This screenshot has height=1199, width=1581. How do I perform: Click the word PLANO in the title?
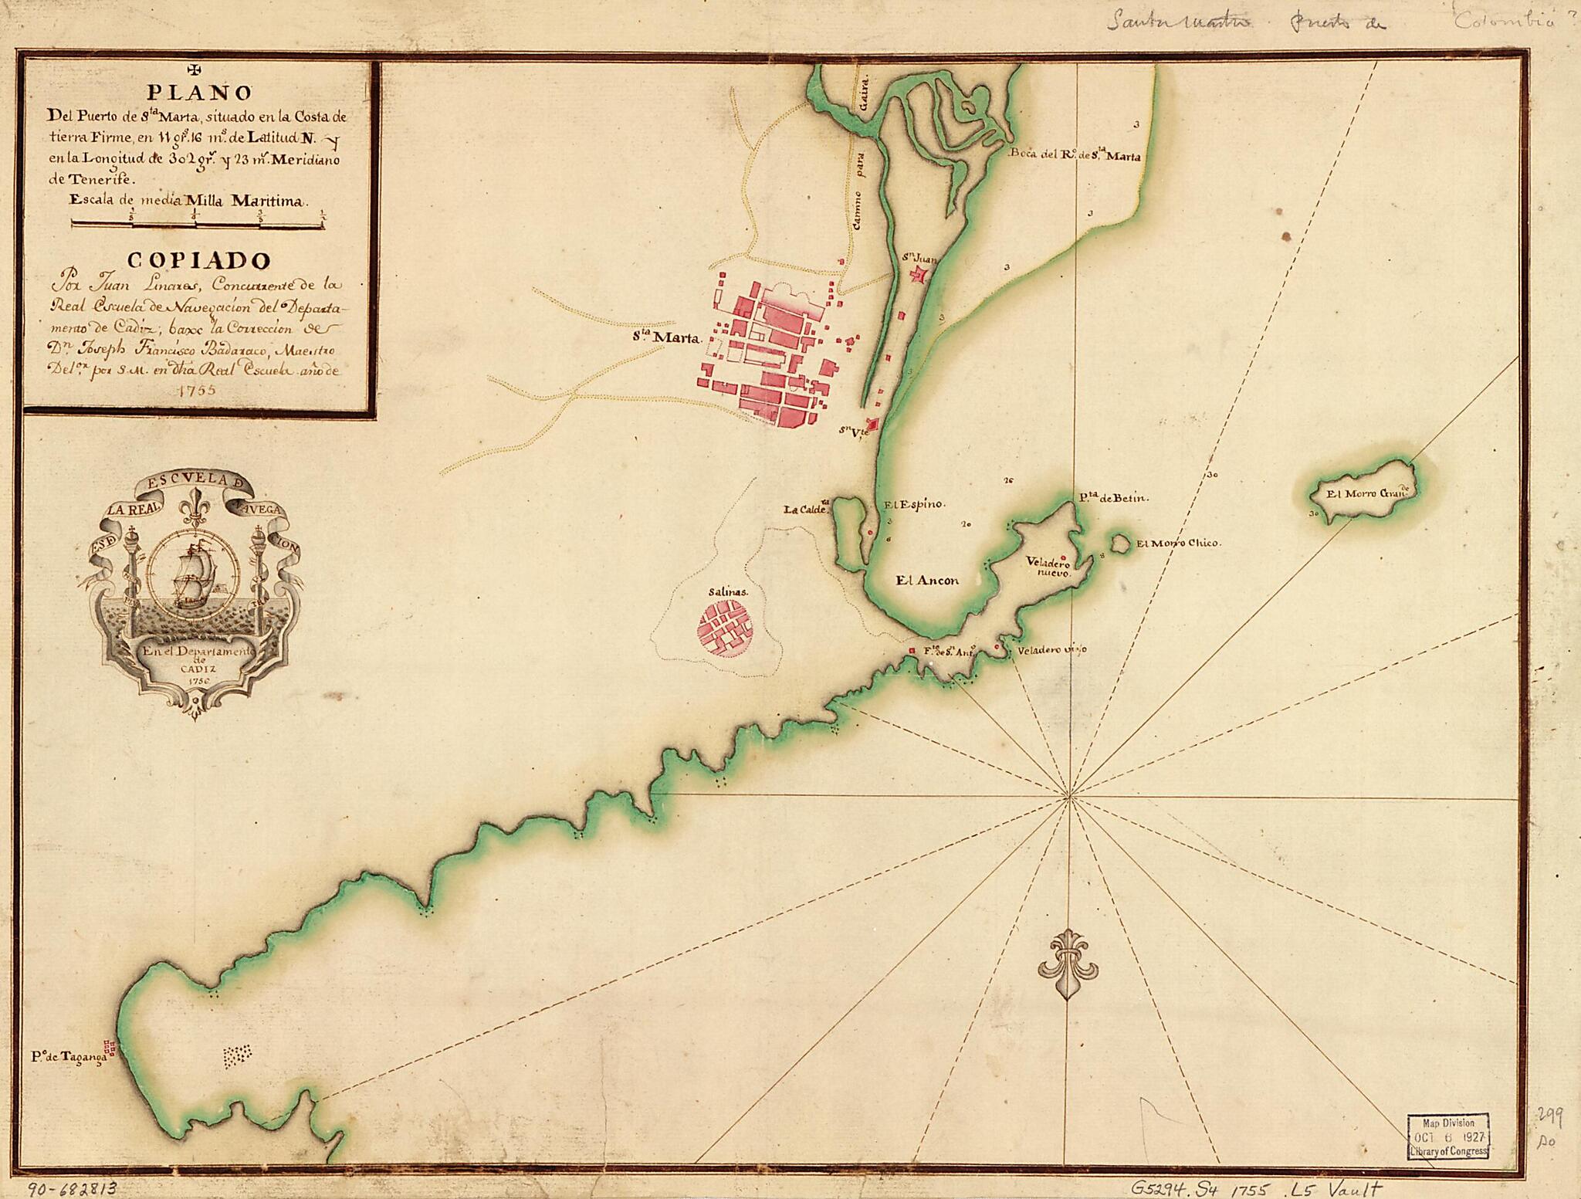[x=199, y=93]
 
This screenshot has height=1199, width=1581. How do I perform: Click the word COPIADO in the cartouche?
[x=199, y=259]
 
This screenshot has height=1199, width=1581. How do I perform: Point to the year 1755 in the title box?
[x=195, y=390]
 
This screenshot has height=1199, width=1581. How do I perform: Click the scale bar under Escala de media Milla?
[x=198, y=225]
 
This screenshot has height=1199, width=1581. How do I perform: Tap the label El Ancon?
[x=927, y=581]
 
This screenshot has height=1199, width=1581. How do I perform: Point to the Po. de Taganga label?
[x=68, y=1057]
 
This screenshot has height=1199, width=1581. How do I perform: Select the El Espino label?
[x=914, y=504]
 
